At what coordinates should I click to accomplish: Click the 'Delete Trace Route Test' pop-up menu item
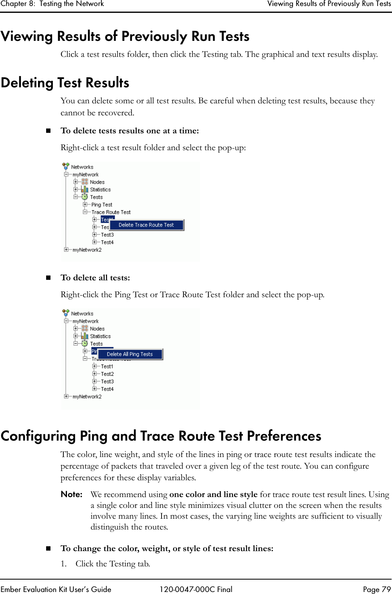point(146,225)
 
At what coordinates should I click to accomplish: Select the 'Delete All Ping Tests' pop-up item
point(130,354)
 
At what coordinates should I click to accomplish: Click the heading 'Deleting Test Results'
point(65,83)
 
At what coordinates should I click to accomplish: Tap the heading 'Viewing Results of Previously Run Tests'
point(125,36)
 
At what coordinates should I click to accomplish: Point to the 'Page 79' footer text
point(376,589)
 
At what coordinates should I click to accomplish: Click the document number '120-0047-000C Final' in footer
point(196,589)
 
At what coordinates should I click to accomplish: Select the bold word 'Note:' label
point(72,495)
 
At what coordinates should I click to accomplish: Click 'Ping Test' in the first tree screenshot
point(102,205)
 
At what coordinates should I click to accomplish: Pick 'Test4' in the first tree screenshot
point(107,242)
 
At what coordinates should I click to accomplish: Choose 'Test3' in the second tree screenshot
point(107,382)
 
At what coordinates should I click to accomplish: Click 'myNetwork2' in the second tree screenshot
point(87,397)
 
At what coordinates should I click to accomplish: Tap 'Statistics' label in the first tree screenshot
point(100,190)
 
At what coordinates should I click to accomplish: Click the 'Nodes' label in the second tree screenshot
point(97,329)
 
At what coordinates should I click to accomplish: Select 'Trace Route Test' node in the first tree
point(111,212)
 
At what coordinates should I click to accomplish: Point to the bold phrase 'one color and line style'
point(213,495)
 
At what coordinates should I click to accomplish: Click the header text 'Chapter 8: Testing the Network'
point(52,4)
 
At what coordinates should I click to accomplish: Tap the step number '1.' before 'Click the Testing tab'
point(64,564)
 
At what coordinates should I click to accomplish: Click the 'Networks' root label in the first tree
point(82,167)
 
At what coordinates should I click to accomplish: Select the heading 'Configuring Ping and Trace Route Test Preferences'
point(161,436)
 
